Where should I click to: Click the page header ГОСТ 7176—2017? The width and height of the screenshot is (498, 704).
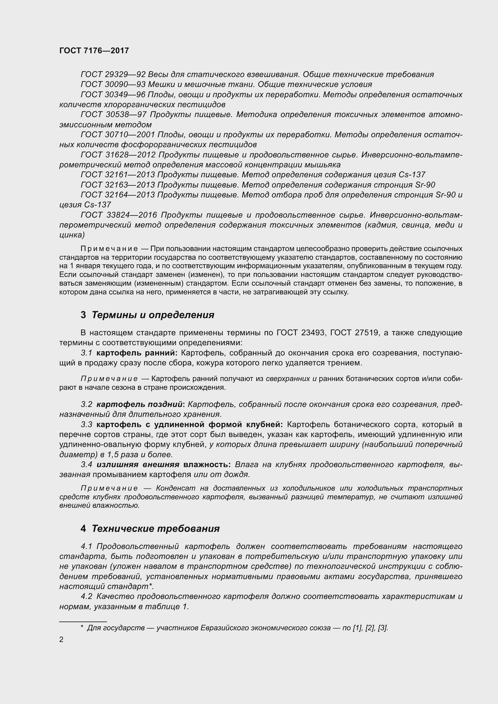pyautogui.click(x=94, y=51)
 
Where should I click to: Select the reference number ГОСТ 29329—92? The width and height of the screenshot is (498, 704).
pyautogui.click(x=113, y=75)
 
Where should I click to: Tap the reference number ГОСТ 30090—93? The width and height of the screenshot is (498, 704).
pyautogui.click(x=113, y=84)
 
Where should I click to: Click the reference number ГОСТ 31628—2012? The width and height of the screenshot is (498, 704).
pyautogui.click(x=118, y=154)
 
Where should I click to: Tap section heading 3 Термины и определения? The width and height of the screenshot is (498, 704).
pyautogui.click(x=147, y=315)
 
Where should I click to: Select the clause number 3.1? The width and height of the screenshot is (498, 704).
pyautogui.click(x=86, y=353)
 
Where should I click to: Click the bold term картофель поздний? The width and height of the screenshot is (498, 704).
pyautogui.click(x=139, y=404)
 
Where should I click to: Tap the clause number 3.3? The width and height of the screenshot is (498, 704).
pyautogui.click(x=86, y=424)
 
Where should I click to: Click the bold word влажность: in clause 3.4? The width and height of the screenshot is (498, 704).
pyautogui.click(x=207, y=464)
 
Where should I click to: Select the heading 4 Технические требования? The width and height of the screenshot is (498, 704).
pyautogui.click(x=150, y=528)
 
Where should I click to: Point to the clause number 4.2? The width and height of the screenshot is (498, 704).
pyautogui.click(x=86, y=596)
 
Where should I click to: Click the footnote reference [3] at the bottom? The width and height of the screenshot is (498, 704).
pyautogui.click(x=383, y=628)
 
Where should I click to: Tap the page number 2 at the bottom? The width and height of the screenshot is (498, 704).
pyautogui.click(x=61, y=639)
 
